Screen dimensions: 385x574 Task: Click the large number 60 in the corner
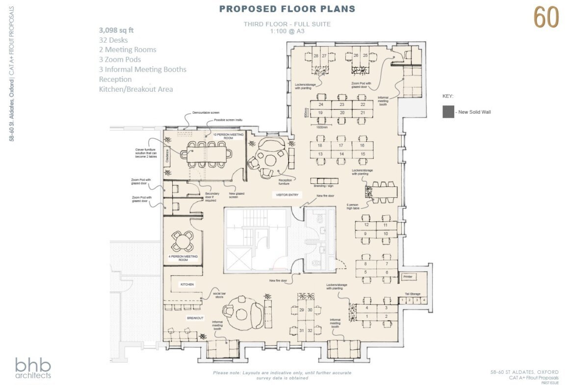546,18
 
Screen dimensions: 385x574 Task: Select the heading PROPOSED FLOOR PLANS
287,9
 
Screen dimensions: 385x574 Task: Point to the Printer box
409,277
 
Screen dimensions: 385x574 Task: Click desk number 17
341,146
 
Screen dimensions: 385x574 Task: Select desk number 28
316,55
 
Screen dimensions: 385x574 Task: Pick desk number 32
310,331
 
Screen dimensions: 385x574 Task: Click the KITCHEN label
187,284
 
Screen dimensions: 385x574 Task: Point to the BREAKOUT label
195,318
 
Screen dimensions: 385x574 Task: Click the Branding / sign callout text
323,186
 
